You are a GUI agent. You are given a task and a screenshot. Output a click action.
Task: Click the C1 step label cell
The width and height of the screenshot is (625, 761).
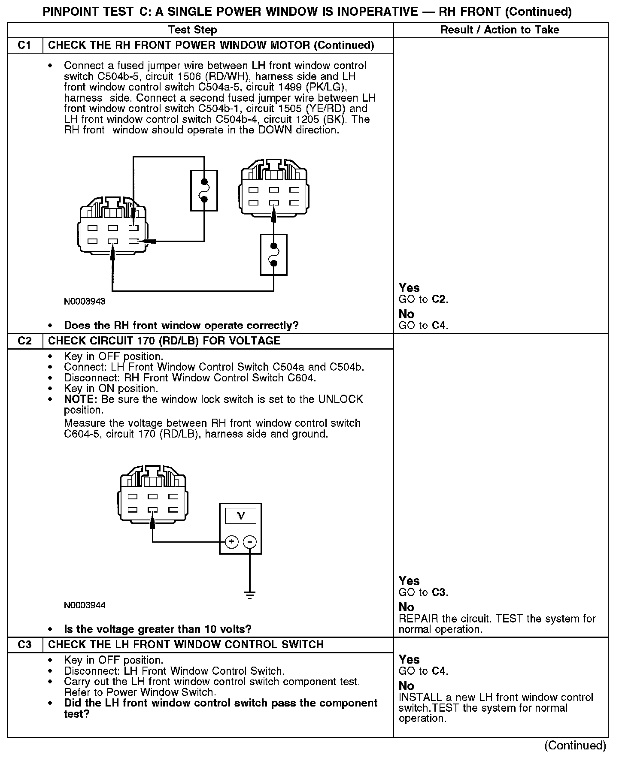25,45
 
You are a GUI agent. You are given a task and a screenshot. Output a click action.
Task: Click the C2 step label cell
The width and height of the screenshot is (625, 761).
25,341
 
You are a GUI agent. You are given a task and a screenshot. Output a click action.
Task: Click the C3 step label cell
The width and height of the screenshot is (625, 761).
25,645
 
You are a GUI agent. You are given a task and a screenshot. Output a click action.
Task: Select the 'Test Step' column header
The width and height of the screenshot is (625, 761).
192,30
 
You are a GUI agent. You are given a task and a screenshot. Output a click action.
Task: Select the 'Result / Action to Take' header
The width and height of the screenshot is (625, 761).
500,30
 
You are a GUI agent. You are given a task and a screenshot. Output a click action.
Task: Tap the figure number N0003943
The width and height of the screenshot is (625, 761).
85,302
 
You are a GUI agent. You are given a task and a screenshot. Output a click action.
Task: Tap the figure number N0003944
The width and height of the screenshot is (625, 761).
85,605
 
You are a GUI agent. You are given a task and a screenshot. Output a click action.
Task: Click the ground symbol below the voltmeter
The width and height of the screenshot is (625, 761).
250,595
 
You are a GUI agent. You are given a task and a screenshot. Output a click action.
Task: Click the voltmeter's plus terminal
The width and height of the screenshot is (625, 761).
232,542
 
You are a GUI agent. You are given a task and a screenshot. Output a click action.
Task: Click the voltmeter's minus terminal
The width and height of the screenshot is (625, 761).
250,542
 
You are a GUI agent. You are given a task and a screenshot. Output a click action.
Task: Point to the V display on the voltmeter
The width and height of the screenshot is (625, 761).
240,516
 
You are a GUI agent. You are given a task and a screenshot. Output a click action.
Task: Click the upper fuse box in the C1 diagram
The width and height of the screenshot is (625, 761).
204,190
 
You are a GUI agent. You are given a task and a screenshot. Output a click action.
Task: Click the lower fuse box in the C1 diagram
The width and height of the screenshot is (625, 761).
273,254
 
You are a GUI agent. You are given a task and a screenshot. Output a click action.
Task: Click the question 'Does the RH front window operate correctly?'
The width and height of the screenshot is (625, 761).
181,326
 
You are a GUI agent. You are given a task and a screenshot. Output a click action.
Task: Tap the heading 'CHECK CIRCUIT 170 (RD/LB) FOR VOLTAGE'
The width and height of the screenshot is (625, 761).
164,341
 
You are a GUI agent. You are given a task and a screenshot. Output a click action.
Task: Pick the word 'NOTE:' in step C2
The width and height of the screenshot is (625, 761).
81,399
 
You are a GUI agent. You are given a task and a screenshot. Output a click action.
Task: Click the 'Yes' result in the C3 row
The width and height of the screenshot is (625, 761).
409,659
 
